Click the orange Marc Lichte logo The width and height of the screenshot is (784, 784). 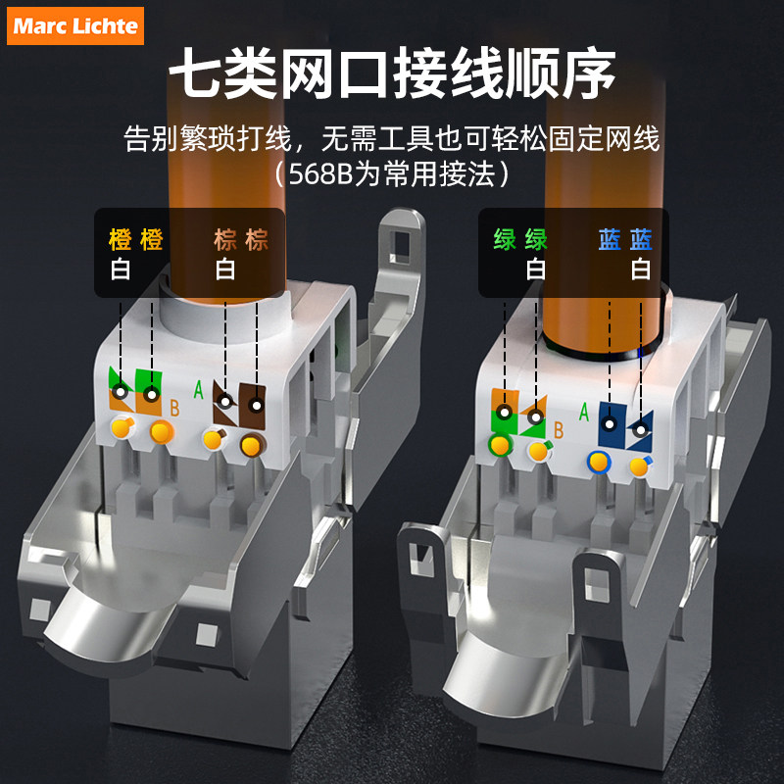pos(75,26)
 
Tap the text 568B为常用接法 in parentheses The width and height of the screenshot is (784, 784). pos(391,174)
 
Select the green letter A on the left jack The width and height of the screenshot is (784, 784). pos(199,390)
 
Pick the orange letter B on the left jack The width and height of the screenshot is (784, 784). pos(174,408)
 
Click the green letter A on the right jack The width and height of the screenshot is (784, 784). pos(583,412)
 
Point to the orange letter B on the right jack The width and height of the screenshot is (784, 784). pos(559,430)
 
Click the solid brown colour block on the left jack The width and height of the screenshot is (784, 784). pos(252,406)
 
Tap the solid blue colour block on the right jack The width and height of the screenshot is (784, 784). pos(612,425)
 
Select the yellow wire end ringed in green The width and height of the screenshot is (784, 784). pos(500,445)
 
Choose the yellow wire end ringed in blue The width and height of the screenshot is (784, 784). pos(599,462)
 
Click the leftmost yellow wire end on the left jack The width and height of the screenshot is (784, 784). pos(122,427)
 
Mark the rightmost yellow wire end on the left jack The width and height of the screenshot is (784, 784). pos(252,445)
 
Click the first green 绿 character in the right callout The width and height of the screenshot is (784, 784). pos(505,239)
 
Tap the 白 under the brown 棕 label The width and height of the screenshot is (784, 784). pos(225,269)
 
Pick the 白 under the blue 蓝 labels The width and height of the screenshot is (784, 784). pos(641,269)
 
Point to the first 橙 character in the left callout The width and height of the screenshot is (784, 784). pos(121,239)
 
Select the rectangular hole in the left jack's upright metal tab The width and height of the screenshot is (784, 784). pos(400,247)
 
